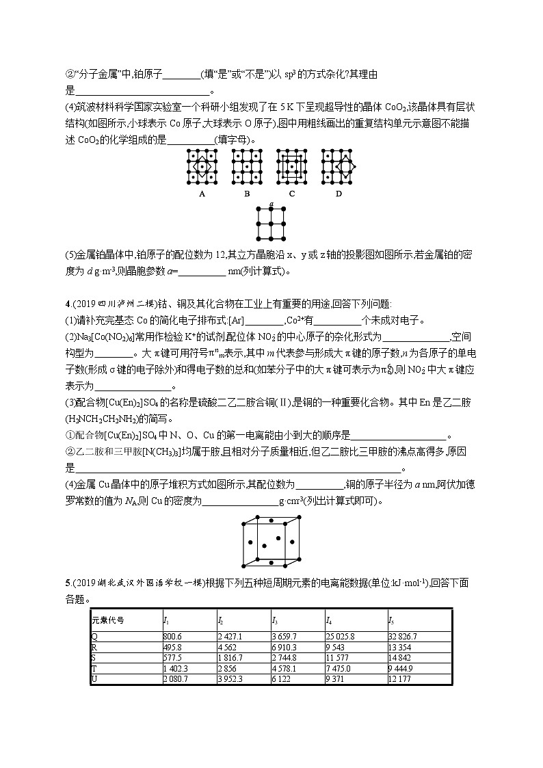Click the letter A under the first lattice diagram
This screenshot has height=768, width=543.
(202, 194)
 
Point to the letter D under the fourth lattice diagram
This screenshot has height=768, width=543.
(337, 194)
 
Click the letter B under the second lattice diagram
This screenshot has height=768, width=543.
(247, 194)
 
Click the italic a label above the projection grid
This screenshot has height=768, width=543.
(271, 204)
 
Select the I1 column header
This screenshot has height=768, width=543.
(166, 620)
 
